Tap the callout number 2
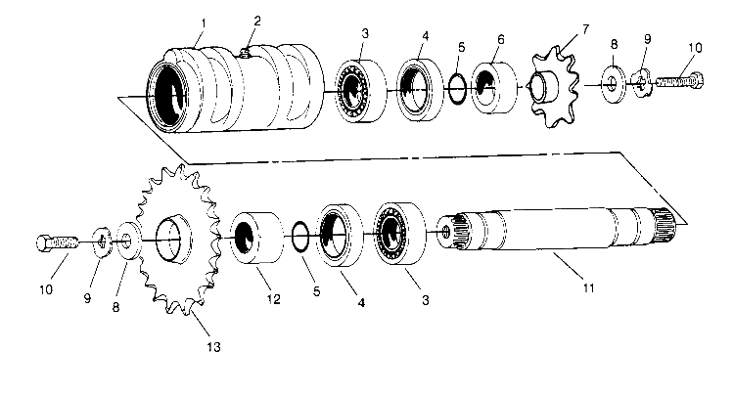click(256, 20)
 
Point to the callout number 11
click(561, 289)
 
